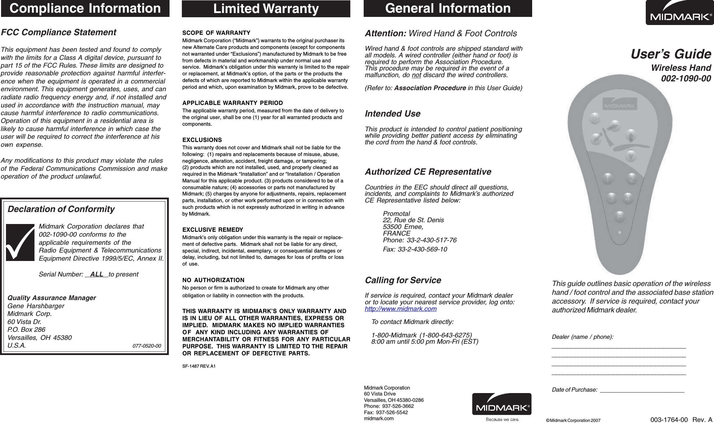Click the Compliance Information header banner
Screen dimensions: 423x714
pyautogui.click(x=85, y=8)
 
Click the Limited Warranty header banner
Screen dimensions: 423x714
pyautogui.click(x=266, y=9)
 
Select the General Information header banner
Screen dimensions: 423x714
pyautogui.click(x=448, y=8)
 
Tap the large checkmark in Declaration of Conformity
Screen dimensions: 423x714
pyautogui.click(x=20, y=242)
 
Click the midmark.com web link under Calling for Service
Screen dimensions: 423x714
pyautogui.click(x=401, y=309)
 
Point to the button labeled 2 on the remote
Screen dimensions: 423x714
pyautogui.click(x=632, y=179)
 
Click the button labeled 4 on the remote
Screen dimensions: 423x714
pyautogui.click(x=629, y=199)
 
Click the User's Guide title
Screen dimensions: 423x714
pyautogui.click(x=670, y=54)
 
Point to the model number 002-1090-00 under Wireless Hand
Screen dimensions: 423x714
pyautogui.click(x=686, y=79)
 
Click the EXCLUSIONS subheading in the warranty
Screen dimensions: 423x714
pyautogui.click(x=202, y=140)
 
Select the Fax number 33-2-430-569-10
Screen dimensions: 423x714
pyautogui.click(x=415, y=249)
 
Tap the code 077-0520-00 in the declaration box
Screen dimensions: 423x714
pyautogui.click(x=147, y=346)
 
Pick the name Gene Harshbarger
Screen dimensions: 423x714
pyautogui.click(x=36, y=306)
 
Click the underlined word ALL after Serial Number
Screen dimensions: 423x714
pyautogui.click(x=97, y=274)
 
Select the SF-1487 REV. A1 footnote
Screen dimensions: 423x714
pyautogui.click(x=199, y=366)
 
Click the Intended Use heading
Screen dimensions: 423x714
pyautogui.click(x=393, y=114)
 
